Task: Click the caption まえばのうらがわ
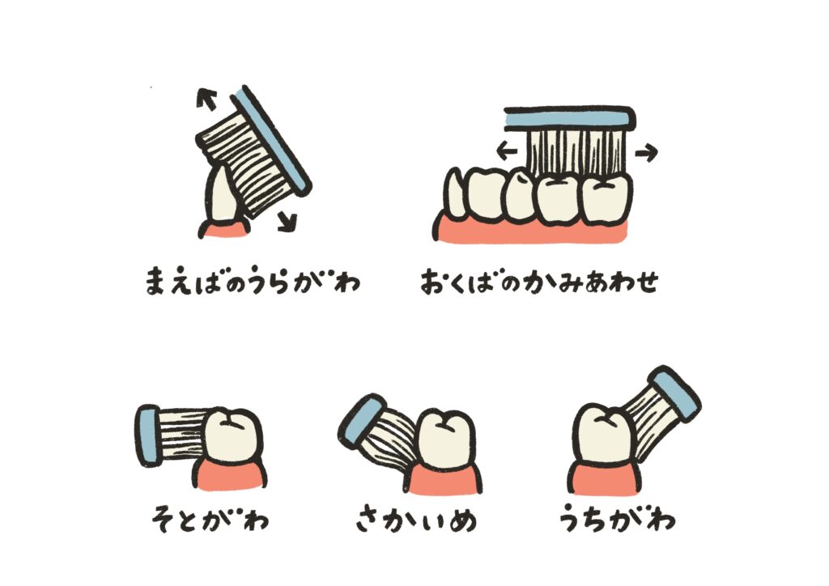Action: (253, 280)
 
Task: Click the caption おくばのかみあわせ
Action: (540, 281)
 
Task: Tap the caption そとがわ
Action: (210, 518)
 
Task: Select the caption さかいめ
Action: (416, 518)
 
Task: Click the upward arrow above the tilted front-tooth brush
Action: (206, 99)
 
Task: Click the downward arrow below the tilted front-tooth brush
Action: (288, 220)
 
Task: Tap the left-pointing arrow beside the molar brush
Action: (507, 152)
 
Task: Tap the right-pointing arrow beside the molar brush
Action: (646, 153)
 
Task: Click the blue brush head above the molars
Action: (569, 120)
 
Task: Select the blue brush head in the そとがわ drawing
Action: (149, 435)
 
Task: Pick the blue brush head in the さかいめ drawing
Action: (361, 421)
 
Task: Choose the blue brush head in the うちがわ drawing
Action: (674, 393)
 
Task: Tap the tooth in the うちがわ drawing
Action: (602, 435)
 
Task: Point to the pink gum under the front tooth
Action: (224, 229)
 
